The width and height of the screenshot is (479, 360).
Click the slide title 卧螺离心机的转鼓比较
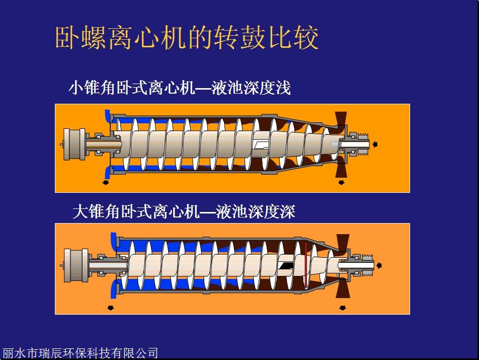click(187, 38)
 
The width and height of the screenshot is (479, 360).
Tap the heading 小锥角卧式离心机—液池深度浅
click(180, 88)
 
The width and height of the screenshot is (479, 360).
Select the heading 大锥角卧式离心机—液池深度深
click(184, 211)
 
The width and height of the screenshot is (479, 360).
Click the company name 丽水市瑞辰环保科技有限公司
click(80, 353)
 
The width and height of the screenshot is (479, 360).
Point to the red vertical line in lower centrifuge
click(305, 265)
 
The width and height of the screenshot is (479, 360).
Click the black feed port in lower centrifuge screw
click(286, 265)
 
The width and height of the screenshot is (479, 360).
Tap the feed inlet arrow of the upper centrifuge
click(375, 144)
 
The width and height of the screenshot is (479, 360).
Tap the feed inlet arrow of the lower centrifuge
click(379, 265)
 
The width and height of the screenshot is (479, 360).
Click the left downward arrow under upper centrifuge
click(106, 183)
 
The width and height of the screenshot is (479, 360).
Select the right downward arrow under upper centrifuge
click(341, 183)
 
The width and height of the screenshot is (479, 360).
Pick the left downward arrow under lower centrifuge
click(111, 308)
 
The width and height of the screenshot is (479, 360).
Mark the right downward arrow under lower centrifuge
click(343, 308)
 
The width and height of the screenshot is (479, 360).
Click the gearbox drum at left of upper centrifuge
click(74, 144)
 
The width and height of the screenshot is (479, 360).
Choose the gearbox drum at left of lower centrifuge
click(76, 265)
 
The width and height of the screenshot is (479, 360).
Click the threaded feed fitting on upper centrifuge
click(363, 144)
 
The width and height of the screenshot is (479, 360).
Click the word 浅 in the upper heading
click(283, 88)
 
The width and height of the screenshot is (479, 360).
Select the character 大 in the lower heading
click(81, 211)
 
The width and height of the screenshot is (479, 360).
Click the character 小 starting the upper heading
click(76, 88)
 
